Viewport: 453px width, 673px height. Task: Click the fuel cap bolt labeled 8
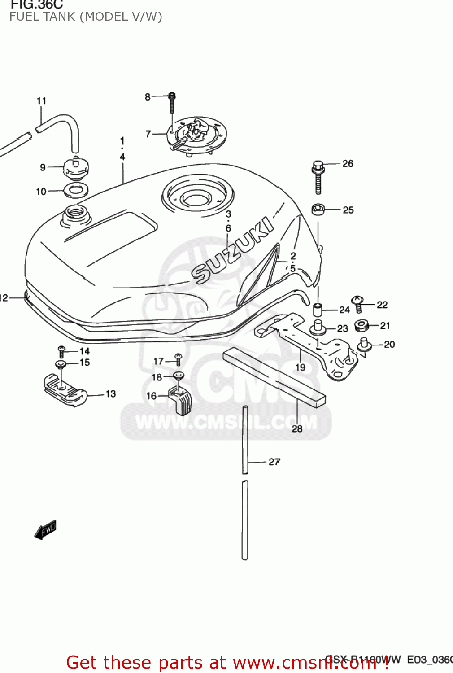click(x=172, y=103)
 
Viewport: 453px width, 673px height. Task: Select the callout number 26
click(x=348, y=164)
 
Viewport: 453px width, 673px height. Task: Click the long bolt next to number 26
click(x=318, y=177)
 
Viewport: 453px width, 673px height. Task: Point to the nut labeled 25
click(x=318, y=210)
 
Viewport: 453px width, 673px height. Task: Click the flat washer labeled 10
click(x=75, y=190)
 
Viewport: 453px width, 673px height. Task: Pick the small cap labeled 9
click(x=76, y=168)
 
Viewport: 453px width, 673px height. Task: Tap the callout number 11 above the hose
click(x=41, y=101)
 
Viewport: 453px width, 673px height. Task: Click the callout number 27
click(x=274, y=462)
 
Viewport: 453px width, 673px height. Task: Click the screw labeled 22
click(x=358, y=304)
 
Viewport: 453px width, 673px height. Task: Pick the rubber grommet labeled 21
click(x=361, y=325)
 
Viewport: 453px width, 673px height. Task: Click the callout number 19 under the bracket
click(x=300, y=367)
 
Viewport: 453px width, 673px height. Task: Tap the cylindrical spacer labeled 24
click(x=318, y=310)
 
